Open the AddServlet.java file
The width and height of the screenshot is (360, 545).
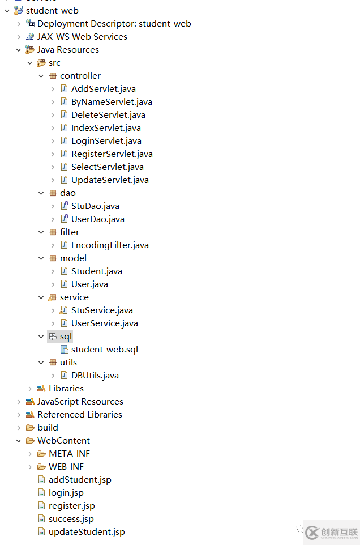(104, 89)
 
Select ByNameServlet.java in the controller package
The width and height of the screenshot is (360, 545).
(112, 102)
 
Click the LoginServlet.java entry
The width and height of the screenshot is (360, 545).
(106, 141)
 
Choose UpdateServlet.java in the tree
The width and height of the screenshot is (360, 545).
(110, 180)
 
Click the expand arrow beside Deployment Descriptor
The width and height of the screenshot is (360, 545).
(19, 24)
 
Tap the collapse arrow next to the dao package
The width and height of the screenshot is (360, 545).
(41, 193)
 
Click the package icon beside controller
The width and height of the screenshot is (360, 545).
(53, 76)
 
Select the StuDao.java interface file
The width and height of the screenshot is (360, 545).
(95, 206)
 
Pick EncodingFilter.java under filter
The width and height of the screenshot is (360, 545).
(110, 245)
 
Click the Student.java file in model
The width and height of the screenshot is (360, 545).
(96, 271)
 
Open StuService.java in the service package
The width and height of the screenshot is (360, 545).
(102, 310)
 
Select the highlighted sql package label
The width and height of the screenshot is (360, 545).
(66, 337)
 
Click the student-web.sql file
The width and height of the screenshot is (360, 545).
(105, 350)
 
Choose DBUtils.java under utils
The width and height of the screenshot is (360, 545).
(95, 376)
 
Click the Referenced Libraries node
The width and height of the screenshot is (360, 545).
(80, 415)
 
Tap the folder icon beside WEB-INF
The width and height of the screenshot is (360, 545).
(42, 466)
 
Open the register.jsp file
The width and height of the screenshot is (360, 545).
(72, 506)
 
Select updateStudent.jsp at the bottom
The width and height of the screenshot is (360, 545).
(87, 532)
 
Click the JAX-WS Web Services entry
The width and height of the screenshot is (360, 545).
(82, 37)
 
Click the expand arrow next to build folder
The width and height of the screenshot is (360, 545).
(19, 428)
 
